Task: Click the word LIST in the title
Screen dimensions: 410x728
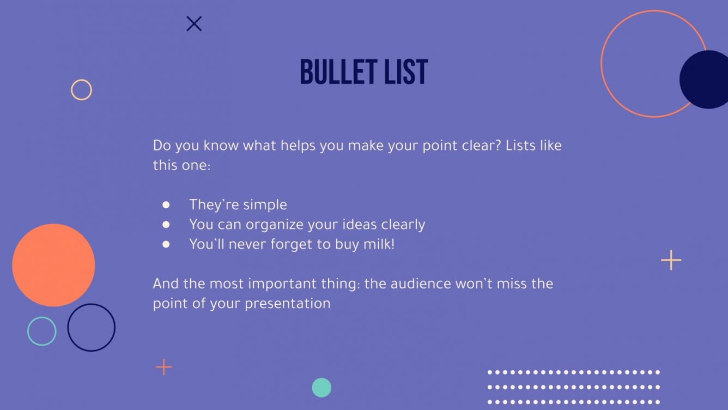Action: (406, 71)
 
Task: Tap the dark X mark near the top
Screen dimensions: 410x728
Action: (194, 23)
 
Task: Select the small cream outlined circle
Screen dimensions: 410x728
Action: (81, 89)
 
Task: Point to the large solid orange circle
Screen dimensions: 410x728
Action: (53, 265)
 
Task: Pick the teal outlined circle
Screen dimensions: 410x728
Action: (41, 331)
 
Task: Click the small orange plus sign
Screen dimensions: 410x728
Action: (163, 367)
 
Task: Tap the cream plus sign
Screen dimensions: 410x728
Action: (671, 260)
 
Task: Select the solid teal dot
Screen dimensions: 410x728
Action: (321, 388)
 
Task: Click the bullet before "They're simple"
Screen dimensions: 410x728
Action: (166, 205)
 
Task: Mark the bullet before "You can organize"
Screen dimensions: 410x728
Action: (166, 225)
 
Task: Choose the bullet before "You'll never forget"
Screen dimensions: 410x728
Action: (166, 244)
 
